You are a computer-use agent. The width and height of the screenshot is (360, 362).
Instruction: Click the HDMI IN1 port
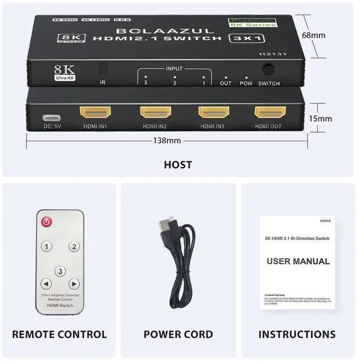pos(96,111)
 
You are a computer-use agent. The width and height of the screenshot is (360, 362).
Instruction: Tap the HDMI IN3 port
pos(213,111)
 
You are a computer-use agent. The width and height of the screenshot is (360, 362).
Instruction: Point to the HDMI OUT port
pos(270,111)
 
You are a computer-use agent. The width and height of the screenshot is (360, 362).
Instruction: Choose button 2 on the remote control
pos(74,247)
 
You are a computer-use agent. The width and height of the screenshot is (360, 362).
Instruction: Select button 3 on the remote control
pos(61,271)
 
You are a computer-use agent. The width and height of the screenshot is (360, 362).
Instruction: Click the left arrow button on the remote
pos(47,284)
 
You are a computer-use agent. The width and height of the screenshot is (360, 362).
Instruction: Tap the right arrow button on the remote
pos(74,284)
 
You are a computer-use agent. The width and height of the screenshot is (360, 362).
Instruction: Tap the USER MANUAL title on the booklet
pos(298,261)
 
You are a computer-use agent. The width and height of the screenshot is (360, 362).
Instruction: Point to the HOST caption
pos(178,165)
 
